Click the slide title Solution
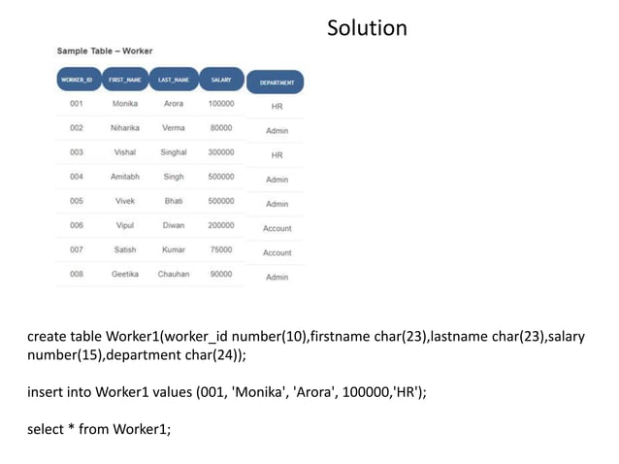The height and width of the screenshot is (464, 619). coord(367,28)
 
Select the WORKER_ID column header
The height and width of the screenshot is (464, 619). coord(77,80)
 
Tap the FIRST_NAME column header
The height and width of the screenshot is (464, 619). coord(125,80)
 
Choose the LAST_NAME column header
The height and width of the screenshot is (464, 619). coord(174,80)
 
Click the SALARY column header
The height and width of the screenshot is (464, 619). coord(220,80)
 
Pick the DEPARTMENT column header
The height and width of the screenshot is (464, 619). coord(277,83)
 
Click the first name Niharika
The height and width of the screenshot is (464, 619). coord(125,128)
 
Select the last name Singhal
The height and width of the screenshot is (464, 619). coord(174,152)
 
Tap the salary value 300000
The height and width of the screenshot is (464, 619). coord(220,152)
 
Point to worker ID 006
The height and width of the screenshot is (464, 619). coord(77,225)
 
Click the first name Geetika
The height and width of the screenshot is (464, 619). coord(125,274)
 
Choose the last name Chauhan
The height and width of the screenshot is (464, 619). coord(174,274)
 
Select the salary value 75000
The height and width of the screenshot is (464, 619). coord(220,249)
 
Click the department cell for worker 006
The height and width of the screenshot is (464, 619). coord(277,229)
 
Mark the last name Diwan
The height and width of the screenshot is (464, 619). coord(174,225)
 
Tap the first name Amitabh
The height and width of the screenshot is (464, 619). coord(125,177)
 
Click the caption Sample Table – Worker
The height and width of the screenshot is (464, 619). coord(104,50)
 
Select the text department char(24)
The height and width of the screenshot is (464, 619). coord(178,355)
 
